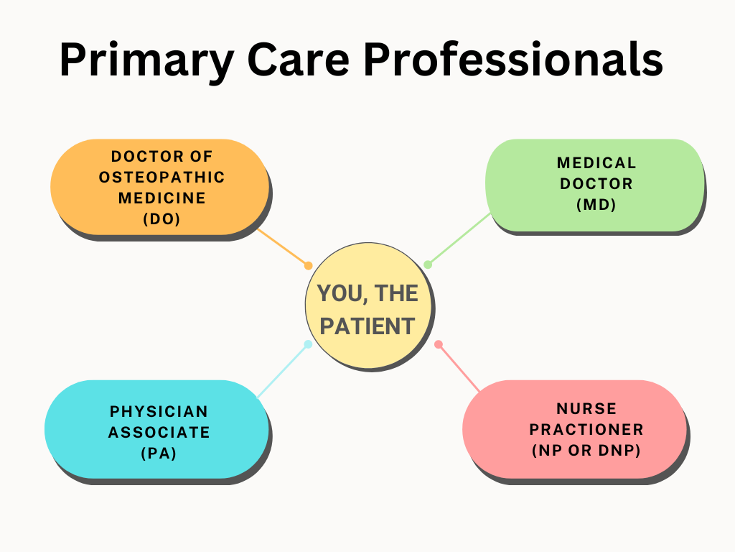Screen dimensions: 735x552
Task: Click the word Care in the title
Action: (298, 60)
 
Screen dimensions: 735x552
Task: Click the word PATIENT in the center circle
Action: (367, 326)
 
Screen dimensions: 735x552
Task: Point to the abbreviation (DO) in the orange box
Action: (161, 218)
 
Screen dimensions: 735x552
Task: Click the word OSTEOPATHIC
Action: (161, 177)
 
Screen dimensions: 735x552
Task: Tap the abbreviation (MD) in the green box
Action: (596, 204)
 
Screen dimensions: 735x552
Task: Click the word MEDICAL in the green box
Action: (596, 163)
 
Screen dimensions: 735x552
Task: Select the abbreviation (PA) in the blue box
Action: (159, 453)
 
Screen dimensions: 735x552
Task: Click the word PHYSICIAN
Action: (159, 411)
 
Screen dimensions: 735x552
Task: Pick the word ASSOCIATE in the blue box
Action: (159, 432)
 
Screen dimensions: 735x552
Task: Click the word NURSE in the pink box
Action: (586, 408)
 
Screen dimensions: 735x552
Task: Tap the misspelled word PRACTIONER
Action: (586, 430)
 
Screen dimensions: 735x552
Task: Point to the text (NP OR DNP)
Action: (586, 450)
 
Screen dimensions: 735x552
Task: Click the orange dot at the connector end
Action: (308, 266)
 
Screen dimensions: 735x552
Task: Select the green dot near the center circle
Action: (428, 264)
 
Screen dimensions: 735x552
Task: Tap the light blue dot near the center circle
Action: (308, 344)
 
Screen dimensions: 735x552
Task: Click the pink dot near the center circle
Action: (439, 344)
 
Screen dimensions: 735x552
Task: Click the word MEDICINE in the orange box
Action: (161, 198)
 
